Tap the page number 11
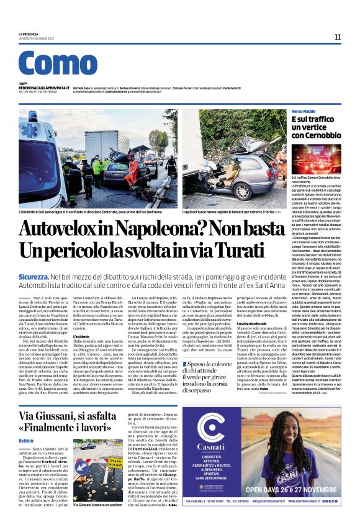click(x=338, y=37)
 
